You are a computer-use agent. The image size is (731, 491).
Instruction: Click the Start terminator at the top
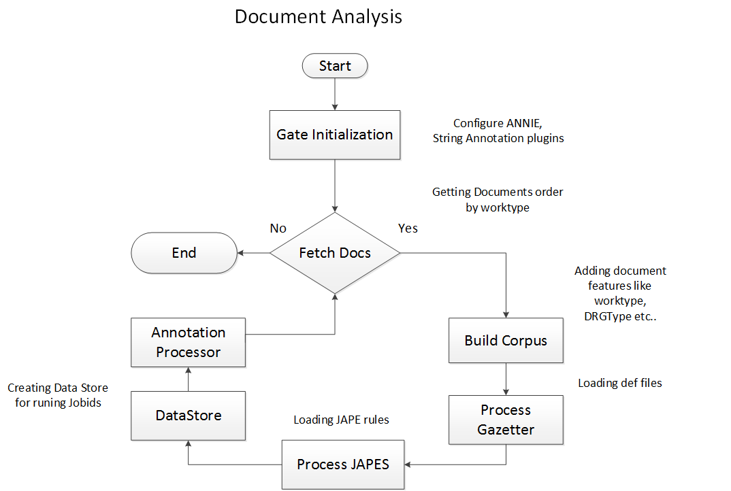point(335,66)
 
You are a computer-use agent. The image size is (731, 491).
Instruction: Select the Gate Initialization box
point(335,135)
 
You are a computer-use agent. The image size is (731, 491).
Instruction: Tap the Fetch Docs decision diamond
point(335,253)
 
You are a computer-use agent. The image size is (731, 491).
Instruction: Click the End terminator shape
point(184,253)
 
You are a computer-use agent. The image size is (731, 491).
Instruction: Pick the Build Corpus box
point(506,341)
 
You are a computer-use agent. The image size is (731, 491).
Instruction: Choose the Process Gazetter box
point(506,420)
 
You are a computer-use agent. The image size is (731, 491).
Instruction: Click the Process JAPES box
point(343,464)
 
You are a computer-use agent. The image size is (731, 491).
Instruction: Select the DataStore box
point(188,415)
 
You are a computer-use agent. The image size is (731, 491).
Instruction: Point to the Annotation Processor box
point(188,342)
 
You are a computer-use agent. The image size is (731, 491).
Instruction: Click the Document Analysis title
point(319,16)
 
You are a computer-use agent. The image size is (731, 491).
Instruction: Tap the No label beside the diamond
point(278,228)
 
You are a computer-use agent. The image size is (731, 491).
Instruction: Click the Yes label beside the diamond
point(408,228)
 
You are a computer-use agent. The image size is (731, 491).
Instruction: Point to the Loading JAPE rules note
point(341,420)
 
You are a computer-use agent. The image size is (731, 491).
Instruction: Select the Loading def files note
point(619,383)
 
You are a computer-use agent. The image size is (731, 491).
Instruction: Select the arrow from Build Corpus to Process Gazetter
point(506,379)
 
